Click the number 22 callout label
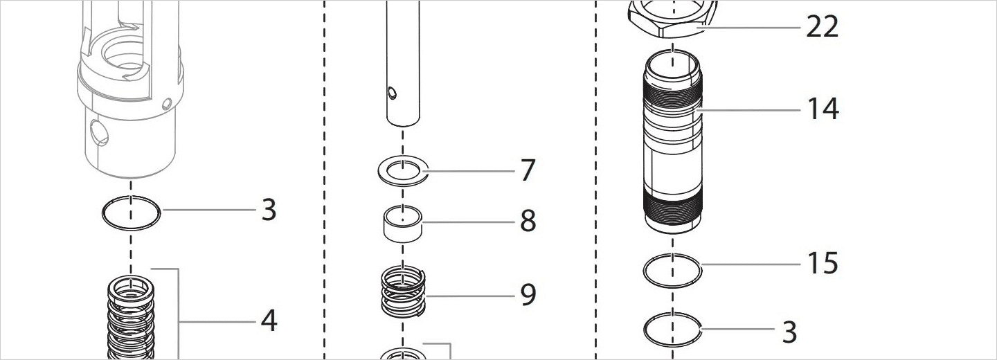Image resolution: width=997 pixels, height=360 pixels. [823, 27]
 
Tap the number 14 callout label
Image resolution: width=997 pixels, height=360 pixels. [823, 109]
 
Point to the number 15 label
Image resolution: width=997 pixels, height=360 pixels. [823, 263]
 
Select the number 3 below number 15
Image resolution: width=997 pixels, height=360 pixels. [789, 332]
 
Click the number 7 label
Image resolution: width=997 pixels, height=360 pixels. [528, 170]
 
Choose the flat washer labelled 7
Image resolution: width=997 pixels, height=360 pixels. [403, 170]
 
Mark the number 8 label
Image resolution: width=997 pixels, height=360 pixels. [528, 222]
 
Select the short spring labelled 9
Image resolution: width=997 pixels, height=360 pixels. [403, 291]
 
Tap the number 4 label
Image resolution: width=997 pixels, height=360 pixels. [269, 321]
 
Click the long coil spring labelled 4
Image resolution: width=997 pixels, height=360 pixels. [131, 318]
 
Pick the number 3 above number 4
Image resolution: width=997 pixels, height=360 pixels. [269, 210]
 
